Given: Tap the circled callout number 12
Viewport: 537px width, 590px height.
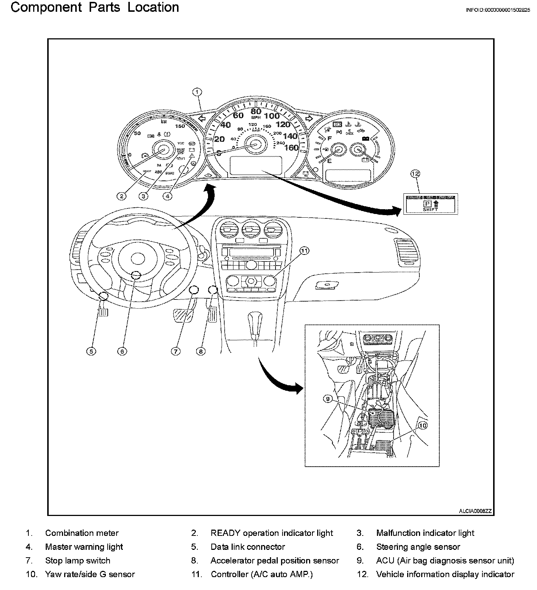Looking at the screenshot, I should [x=416, y=173].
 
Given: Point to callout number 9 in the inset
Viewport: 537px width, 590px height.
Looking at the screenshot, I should [x=328, y=398].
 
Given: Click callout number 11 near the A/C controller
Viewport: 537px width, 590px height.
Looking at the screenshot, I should [x=304, y=251].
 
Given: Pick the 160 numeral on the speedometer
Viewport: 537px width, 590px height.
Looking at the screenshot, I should [x=291, y=147].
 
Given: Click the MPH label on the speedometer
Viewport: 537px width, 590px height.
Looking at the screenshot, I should [x=256, y=117].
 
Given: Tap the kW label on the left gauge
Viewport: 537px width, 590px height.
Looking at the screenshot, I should [x=164, y=121].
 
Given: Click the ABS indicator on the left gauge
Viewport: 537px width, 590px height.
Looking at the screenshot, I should [x=158, y=172].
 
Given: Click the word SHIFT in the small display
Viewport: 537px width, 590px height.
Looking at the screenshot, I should [x=430, y=209].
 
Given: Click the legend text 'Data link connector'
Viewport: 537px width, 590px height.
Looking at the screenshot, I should [x=248, y=547].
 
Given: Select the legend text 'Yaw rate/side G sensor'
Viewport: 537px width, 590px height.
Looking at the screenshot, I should [x=90, y=574].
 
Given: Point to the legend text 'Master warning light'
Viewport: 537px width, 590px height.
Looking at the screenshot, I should [x=84, y=547].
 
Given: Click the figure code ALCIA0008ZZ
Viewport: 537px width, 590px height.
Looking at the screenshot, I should [x=475, y=511].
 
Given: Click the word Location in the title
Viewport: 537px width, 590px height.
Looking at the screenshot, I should [x=153, y=7].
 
